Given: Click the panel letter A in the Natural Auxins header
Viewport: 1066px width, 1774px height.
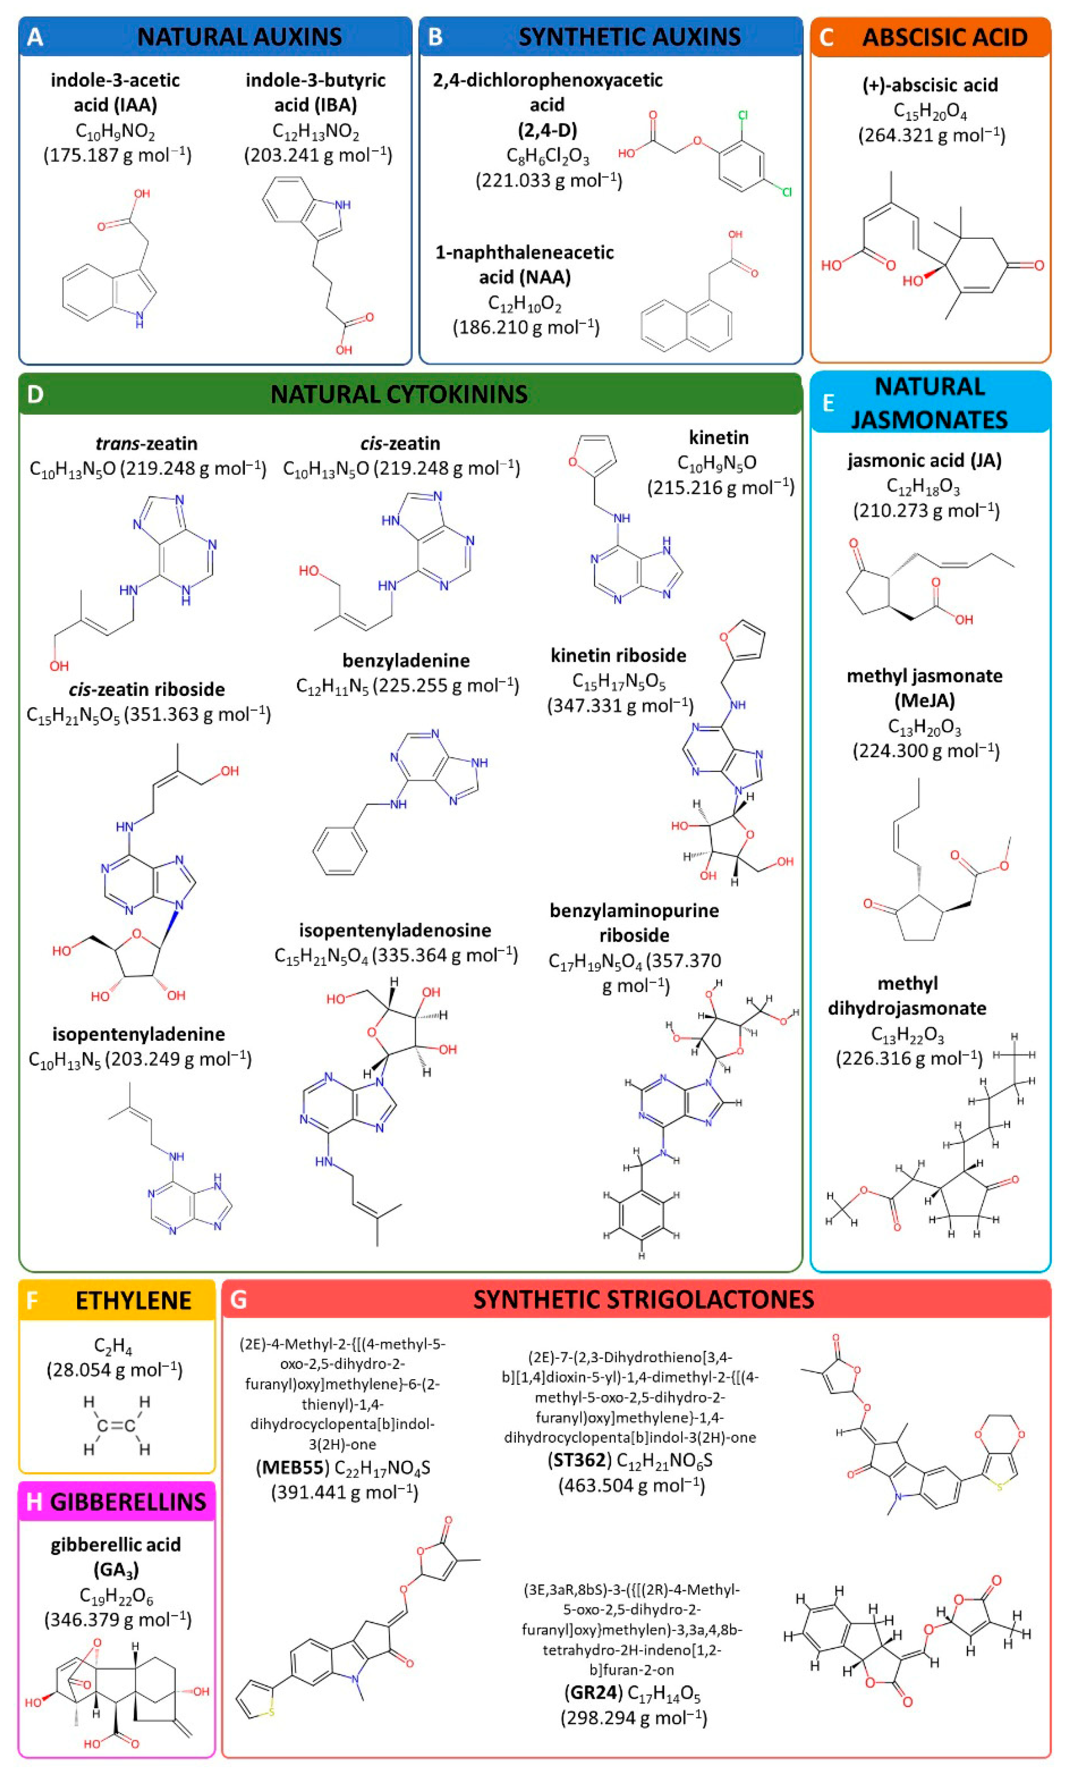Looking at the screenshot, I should pos(35,37).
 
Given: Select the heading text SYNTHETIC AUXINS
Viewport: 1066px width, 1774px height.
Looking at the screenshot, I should pos(629,37).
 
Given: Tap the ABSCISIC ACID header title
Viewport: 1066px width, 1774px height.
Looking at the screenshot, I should pos(945,37).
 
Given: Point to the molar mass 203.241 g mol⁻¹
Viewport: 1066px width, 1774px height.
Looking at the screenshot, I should pos(318,155).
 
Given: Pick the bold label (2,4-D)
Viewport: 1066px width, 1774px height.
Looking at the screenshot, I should pos(547,130).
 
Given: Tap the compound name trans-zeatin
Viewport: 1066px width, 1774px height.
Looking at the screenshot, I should pos(147,443).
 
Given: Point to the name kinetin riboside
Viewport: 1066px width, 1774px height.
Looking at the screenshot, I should pos(618,655).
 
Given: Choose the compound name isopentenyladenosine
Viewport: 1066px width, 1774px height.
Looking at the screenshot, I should pos(395,930).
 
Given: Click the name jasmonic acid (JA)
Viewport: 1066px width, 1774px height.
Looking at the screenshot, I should pos(925,460).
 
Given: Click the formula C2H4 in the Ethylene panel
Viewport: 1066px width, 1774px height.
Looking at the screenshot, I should pos(113,1347).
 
